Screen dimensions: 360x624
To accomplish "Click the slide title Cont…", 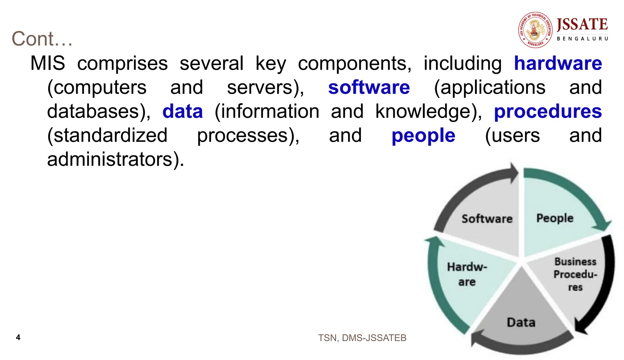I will (x=42, y=39).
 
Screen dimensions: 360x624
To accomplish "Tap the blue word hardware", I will (x=558, y=63).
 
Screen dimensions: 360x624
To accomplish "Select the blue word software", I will (x=369, y=87).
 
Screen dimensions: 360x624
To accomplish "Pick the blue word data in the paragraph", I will (x=183, y=111).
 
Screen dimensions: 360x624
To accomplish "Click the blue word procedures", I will (x=548, y=111).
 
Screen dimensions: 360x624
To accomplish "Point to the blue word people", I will (x=423, y=136).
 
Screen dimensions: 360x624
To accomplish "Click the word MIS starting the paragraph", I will (x=48, y=63).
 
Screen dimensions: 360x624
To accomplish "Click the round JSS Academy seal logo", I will (x=535, y=30).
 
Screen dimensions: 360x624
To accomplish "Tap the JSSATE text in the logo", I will (x=582, y=24).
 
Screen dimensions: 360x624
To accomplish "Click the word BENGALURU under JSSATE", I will (x=582, y=39).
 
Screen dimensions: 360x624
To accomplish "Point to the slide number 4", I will (x=18, y=337).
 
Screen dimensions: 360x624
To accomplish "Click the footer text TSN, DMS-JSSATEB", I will (x=362, y=338).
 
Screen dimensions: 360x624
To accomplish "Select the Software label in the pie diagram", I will (x=487, y=219).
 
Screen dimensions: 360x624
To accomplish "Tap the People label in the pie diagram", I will (x=555, y=218).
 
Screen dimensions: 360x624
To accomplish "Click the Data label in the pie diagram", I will (x=521, y=322).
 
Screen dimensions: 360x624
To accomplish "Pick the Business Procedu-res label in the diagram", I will (x=575, y=274).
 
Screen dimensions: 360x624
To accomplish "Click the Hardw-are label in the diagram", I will (x=467, y=274).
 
